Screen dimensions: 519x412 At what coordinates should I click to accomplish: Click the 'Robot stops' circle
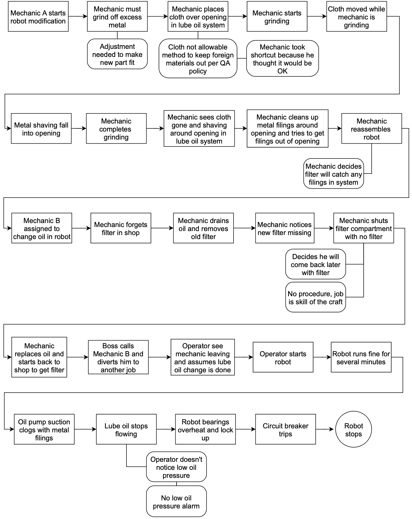pos(353,429)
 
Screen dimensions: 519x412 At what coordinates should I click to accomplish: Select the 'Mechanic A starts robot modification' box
pos(38,17)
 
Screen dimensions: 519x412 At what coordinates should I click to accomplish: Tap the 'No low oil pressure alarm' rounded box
pos(176,502)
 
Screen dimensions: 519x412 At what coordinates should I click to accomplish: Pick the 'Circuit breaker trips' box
pos(285,429)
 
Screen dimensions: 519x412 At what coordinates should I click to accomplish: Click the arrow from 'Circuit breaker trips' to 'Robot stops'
pos(325,429)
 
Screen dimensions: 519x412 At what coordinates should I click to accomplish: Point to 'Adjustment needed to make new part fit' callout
pos(117,54)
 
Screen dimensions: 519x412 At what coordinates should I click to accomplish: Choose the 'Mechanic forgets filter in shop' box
pos(121,228)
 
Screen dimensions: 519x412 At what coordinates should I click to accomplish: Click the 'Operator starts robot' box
pos(283,357)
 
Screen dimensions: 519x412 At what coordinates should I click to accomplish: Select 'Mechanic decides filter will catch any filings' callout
pos(333,174)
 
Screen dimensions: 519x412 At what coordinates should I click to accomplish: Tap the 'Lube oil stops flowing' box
pos(126,429)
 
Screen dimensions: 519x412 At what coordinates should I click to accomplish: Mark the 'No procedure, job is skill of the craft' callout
pos(316,297)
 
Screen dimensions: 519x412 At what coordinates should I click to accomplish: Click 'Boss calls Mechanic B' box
pos(118,357)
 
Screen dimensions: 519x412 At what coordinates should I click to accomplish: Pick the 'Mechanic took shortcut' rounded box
pos(282,59)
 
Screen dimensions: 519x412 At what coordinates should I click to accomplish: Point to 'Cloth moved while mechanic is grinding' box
pos(356,17)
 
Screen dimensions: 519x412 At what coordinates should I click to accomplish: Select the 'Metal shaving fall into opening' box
pos(41,129)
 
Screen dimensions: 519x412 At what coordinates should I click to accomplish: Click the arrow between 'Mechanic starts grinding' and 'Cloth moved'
pos(317,17)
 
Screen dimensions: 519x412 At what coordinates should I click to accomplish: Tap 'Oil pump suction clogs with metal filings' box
pos(44,429)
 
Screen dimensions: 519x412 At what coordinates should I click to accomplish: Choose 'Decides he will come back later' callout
pos(316,265)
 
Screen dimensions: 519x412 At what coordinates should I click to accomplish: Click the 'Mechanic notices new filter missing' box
pos(285,228)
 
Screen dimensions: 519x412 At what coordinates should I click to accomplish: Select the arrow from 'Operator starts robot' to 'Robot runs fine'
pos(322,357)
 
